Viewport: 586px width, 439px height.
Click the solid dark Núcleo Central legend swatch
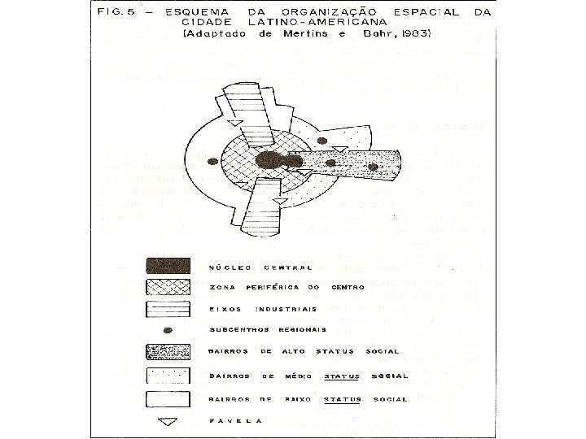[x=168, y=266]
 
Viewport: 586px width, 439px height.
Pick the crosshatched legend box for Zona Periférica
[x=168, y=286]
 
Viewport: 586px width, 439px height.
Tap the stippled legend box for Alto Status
[x=168, y=352]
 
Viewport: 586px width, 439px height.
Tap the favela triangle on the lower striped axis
[x=279, y=200]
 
